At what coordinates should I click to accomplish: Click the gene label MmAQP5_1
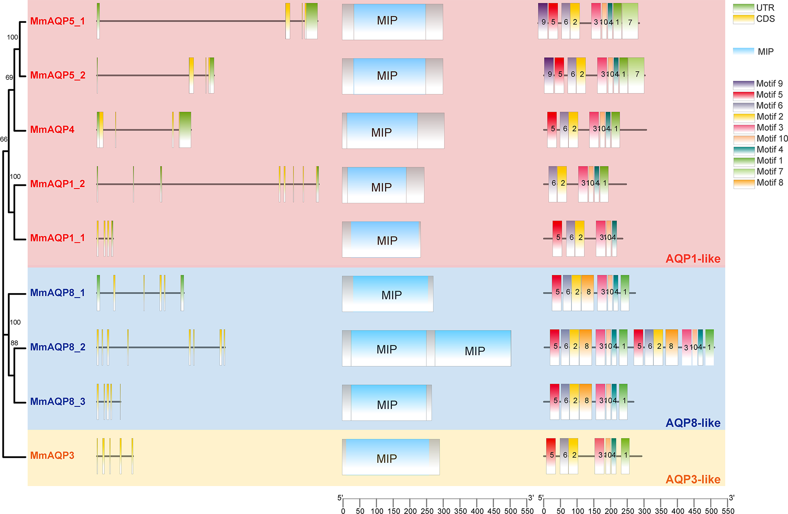58,21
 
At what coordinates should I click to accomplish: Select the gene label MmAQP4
52,130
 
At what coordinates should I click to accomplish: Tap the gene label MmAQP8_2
58,347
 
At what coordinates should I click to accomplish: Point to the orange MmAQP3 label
52,456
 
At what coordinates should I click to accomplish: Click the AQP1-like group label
693,259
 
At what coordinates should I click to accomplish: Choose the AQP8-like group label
693,423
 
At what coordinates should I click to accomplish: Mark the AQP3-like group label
693,479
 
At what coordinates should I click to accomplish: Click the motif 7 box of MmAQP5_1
630,21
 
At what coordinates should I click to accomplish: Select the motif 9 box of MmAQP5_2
549,75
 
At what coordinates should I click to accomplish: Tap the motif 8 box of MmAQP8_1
588,293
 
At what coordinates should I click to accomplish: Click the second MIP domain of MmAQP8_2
473,348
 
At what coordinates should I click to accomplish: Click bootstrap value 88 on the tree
14,343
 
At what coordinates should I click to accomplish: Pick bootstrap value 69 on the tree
9,77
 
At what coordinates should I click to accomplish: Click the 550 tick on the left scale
527,511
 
